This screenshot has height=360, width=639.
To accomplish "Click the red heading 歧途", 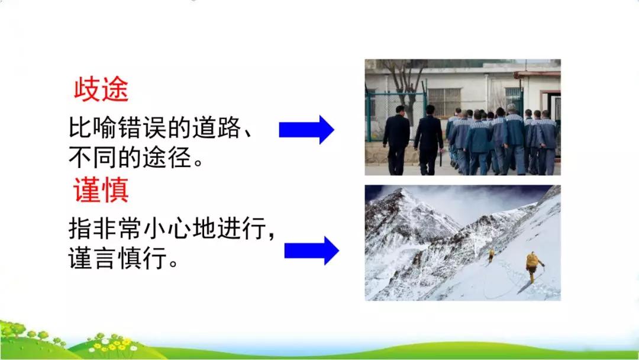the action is pyautogui.click(x=101, y=89).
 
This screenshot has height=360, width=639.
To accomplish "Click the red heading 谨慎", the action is pyautogui.click(x=101, y=190).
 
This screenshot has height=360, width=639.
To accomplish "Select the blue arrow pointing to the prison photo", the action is pyautogui.click(x=306, y=130).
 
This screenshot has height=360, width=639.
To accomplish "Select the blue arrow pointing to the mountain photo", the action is pyautogui.click(x=312, y=250).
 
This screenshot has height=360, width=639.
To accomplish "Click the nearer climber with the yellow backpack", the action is pyautogui.click(x=533, y=267).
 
